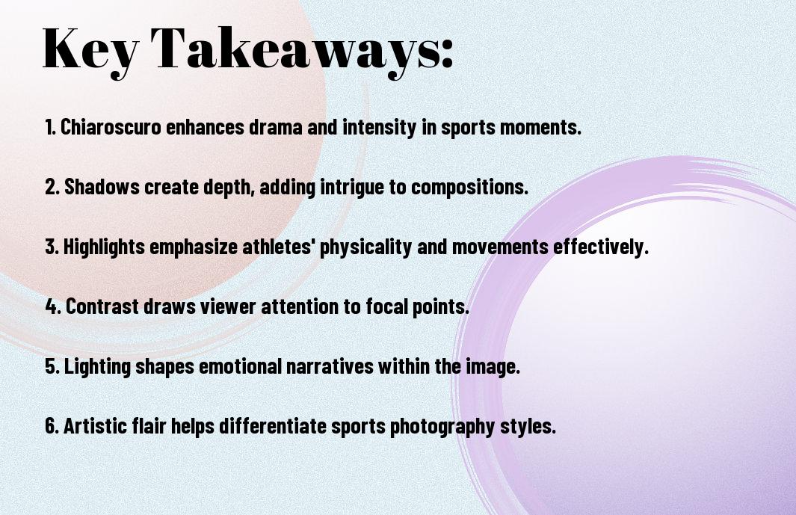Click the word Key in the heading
coord(90,50)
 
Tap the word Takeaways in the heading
coord(295,50)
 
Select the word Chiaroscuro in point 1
coord(111,126)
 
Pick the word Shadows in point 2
coord(102,186)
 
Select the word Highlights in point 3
coord(104,247)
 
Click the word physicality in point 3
coord(365,247)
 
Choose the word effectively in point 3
coord(601,247)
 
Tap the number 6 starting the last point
coord(51,425)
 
